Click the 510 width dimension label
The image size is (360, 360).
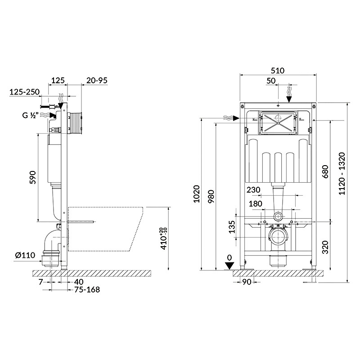278,70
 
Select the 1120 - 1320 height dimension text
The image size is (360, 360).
342,174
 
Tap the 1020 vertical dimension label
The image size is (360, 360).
197,194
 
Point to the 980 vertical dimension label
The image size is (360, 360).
211,196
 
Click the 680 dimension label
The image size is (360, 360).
325,171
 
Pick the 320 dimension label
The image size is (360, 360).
325,247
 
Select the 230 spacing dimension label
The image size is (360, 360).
253,190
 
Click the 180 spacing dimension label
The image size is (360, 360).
255,204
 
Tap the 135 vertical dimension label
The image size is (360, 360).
232,227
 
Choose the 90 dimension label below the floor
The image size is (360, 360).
247,282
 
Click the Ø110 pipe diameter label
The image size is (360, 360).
25,255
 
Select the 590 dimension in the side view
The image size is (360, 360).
33,177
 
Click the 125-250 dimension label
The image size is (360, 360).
25,92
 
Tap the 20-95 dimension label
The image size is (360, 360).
97,81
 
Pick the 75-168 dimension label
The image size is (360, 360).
87,290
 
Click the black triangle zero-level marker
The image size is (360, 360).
229,266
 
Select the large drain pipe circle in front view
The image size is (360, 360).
278,238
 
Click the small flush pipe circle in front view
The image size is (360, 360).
278,216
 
